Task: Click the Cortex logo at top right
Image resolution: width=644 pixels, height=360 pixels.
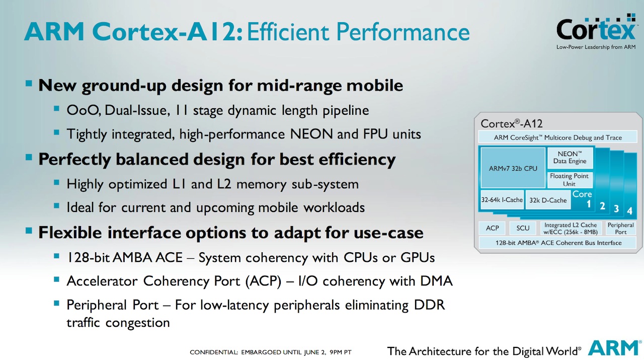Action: click(x=596, y=32)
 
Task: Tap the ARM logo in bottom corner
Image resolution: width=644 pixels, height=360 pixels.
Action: click(x=614, y=348)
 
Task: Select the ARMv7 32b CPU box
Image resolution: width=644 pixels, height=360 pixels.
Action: click(x=513, y=169)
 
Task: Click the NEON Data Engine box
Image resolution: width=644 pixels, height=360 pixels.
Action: click(x=570, y=158)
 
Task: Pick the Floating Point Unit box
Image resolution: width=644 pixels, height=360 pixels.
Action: click(x=570, y=180)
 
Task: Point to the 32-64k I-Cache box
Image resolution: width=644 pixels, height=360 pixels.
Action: click(x=502, y=200)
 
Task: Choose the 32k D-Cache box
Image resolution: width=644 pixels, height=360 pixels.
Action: click(x=547, y=200)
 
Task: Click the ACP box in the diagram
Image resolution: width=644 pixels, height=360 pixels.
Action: click(x=492, y=228)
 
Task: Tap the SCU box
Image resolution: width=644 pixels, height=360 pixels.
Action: click(x=523, y=228)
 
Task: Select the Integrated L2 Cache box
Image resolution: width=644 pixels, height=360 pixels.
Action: click(x=571, y=228)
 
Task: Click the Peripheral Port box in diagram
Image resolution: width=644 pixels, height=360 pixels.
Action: click(x=620, y=228)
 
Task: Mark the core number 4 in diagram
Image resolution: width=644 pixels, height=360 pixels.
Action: click(x=629, y=210)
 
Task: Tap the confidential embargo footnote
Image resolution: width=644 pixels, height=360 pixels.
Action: click(x=270, y=352)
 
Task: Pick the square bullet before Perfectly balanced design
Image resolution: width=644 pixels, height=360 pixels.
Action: click(x=29, y=159)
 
